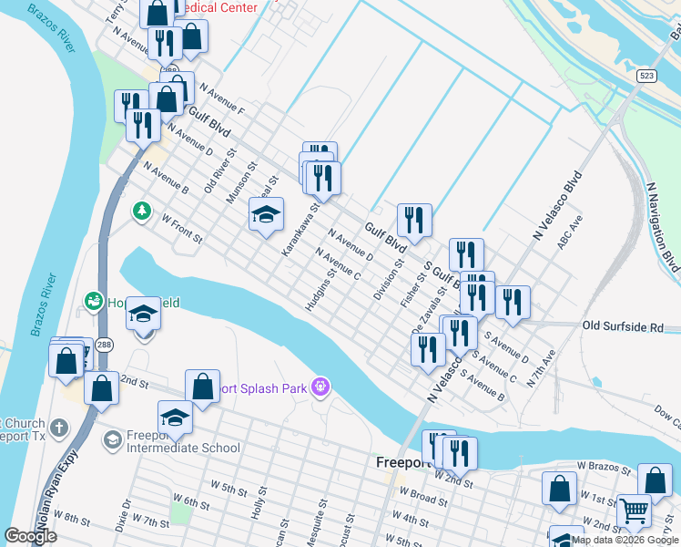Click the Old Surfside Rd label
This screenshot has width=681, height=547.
pyautogui.click(x=629, y=325)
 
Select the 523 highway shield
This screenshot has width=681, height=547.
pyautogui.click(x=645, y=77)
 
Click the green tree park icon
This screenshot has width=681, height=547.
pyautogui.click(x=142, y=212)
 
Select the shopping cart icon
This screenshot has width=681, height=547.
pyautogui.click(x=634, y=511)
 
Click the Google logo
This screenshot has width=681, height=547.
pyautogui.click(x=31, y=536)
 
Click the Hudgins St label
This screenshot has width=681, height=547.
pyautogui.click(x=321, y=289)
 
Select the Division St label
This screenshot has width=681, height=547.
pyautogui.click(x=388, y=280)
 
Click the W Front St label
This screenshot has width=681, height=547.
pyautogui.click(x=181, y=228)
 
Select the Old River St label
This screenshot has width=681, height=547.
pyautogui.click(x=219, y=170)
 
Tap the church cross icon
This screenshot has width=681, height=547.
pyautogui.click(x=57, y=428)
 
